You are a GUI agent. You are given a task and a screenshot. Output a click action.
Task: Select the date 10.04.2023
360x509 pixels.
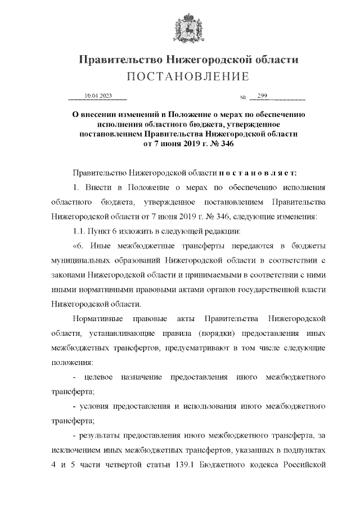coord(97,96)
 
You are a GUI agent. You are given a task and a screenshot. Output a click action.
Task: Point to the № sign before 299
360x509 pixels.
coord(244,98)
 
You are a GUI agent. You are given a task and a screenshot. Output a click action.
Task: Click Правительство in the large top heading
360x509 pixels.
coord(116,60)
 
